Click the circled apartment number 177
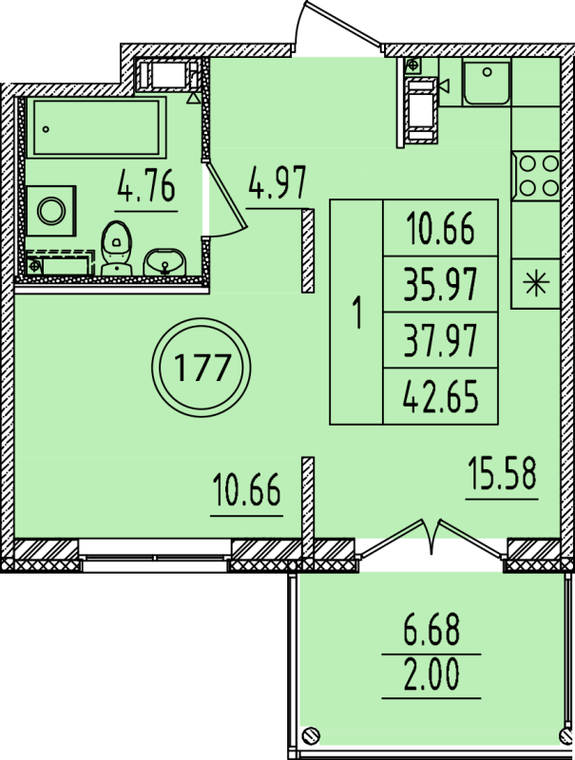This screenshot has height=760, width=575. (x=201, y=368)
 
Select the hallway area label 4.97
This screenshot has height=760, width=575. (x=277, y=181)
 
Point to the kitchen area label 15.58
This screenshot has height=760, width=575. (x=502, y=472)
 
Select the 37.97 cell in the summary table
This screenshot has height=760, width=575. (x=441, y=340)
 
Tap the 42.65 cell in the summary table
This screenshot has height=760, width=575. (x=441, y=396)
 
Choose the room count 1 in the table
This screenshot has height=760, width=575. (x=357, y=313)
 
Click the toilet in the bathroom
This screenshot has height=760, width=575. (x=116, y=248)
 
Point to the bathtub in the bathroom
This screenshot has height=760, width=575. (x=97, y=127)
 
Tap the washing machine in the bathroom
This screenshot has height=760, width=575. (x=51, y=211)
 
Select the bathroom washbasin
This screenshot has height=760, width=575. (x=163, y=262)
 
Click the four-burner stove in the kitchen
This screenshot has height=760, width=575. (x=536, y=176)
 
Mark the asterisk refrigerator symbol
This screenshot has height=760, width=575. (x=536, y=283)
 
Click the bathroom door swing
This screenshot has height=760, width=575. (x=224, y=199)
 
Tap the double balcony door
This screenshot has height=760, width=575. (x=432, y=538)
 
